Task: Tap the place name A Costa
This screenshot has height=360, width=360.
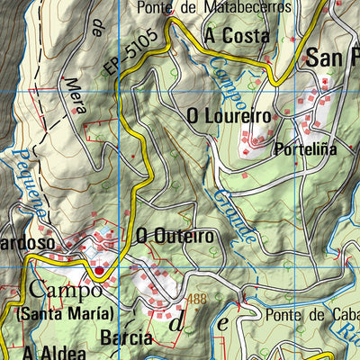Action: click(237, 36)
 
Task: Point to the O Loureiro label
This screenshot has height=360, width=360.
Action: click(229, 116)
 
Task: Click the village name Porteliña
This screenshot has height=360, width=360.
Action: click(307, 150)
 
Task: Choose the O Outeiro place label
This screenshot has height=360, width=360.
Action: click(175, 236)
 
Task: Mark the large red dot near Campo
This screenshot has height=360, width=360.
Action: click(98, 268)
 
